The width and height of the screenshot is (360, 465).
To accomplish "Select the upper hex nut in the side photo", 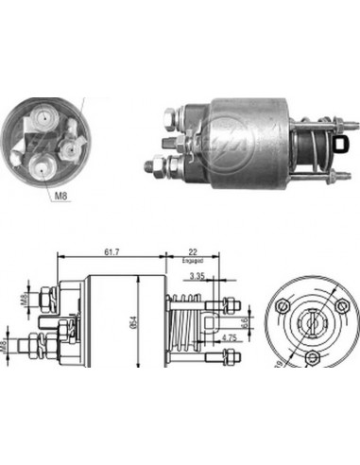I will pos(168,119).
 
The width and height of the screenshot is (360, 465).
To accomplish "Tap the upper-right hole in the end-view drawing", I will pos(339,306).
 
